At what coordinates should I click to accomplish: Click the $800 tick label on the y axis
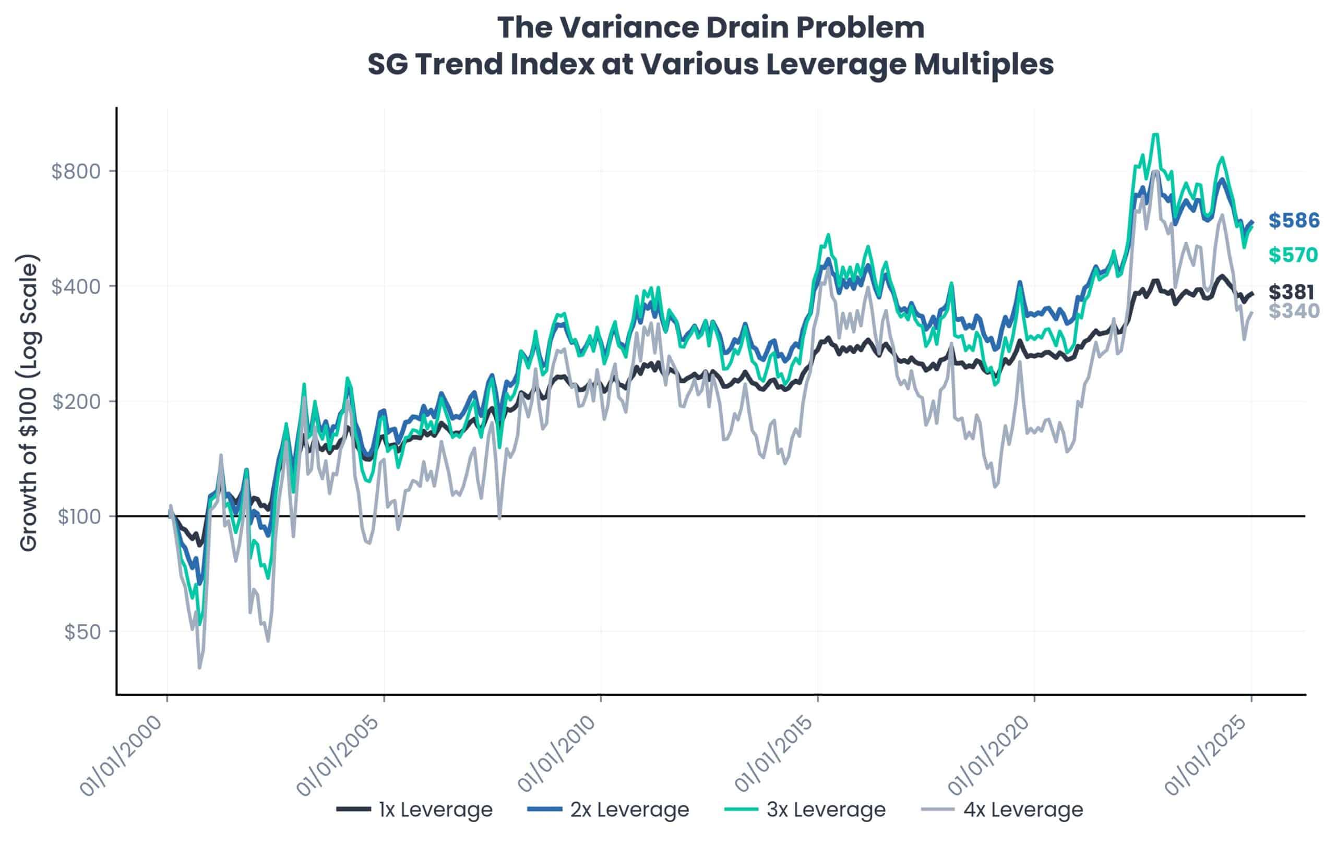76,171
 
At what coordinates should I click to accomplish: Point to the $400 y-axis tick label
76,287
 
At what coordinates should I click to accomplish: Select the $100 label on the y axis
80,517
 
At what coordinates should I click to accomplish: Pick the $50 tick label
82,632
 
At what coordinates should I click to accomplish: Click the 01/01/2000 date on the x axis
124,756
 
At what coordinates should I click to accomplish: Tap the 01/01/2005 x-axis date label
340,756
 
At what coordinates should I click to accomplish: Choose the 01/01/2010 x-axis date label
557,756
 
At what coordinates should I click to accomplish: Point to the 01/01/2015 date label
774,756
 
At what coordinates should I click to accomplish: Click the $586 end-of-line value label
1294,221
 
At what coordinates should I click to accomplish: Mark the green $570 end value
1293,255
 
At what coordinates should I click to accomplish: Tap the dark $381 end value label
1291,292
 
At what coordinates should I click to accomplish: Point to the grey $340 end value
1294,311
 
